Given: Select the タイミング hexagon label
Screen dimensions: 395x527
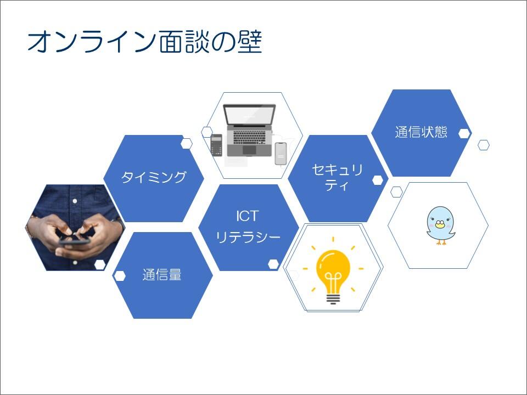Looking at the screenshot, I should (154, 177).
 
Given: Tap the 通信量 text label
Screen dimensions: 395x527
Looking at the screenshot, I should (162, 275).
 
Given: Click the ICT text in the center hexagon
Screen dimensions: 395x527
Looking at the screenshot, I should (247, 215).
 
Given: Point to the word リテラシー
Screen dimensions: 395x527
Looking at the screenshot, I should (248, 237).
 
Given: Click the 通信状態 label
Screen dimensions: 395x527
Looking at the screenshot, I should (421, 132).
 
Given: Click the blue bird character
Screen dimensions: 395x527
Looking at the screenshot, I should (441, 225).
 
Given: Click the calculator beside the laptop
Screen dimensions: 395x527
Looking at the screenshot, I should (216, 145).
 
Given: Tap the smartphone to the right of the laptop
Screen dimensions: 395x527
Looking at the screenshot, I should (281, 154).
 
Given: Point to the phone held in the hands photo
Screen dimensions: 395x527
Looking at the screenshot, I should (74, 240).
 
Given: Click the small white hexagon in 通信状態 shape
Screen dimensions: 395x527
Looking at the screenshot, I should (464, 133).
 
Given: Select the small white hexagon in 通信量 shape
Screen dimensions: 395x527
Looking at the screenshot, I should (120, 275).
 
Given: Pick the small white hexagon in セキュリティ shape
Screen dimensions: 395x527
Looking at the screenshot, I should (378, 180).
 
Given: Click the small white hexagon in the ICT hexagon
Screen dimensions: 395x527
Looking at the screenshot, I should (273, 264).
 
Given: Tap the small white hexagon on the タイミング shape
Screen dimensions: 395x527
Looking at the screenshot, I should (187, 144).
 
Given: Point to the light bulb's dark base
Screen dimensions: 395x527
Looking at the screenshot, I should (333, 298).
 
